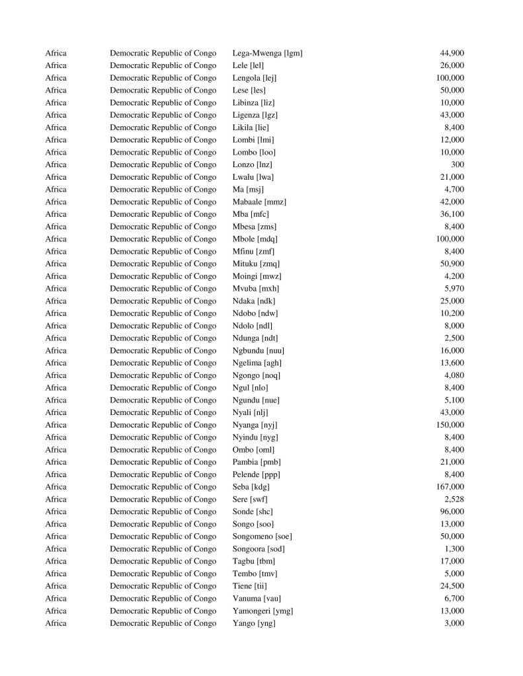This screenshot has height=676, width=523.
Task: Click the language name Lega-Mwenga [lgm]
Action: [x=267, y=53]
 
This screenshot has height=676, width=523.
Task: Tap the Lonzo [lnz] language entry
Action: [x=252, y=165]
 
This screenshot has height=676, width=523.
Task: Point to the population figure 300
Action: [x=457, y=165]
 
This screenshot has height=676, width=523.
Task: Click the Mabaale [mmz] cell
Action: [x=259, y=202]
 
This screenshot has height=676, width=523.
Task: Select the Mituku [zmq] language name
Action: [x=256, y=264]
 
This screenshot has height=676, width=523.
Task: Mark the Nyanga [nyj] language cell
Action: [x=255, y=425]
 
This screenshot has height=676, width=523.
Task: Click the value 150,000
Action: [x=450, y=425]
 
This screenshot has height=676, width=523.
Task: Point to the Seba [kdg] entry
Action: [x=251, y=486]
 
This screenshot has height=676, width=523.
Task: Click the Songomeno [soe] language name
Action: [x=262, y=536]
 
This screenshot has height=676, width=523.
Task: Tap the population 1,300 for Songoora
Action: [x=454, y=548]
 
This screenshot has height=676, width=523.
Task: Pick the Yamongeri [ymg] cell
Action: [x=262, y=611]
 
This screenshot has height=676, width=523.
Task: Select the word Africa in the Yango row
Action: [x=56, y=623]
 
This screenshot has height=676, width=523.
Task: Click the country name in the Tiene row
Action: [x=163, y=585]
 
